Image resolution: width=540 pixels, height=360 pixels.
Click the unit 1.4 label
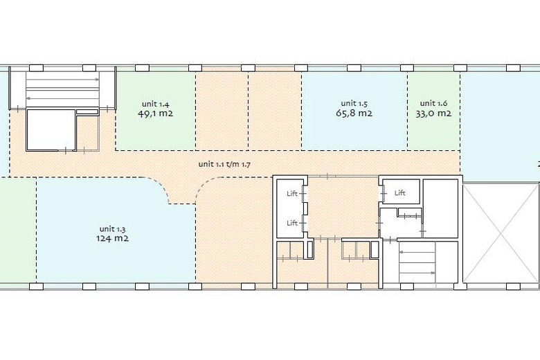(155, 104)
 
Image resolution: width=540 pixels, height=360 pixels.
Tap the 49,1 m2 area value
(155, 114)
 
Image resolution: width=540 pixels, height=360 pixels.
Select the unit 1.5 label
(354, 103)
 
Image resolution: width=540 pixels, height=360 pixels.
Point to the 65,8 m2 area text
(354, 113)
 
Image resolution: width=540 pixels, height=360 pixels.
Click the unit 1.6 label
(433, 103)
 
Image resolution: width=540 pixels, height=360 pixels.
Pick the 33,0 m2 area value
(433, 114)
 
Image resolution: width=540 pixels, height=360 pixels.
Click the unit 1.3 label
(112, 229)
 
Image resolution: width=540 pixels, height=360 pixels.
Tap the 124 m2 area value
(112, 238)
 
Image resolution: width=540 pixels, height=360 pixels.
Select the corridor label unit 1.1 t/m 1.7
(224, 164)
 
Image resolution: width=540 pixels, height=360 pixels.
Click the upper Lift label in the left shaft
(292, 194)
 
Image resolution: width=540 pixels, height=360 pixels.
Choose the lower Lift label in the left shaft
(292, 223)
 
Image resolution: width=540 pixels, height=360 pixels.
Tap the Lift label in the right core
(400, 193)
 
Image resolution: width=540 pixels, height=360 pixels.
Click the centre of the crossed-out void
(501, 234)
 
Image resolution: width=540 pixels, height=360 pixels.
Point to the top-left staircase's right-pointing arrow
(63, 80)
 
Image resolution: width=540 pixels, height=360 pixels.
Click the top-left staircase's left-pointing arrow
(63, 98)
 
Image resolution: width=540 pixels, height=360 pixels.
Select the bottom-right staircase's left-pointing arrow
(417, 252)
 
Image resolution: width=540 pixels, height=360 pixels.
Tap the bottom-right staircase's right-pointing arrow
(417, 273)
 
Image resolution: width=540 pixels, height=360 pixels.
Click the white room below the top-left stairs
(51, 129)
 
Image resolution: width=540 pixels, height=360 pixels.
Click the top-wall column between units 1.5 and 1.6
(407, 68)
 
